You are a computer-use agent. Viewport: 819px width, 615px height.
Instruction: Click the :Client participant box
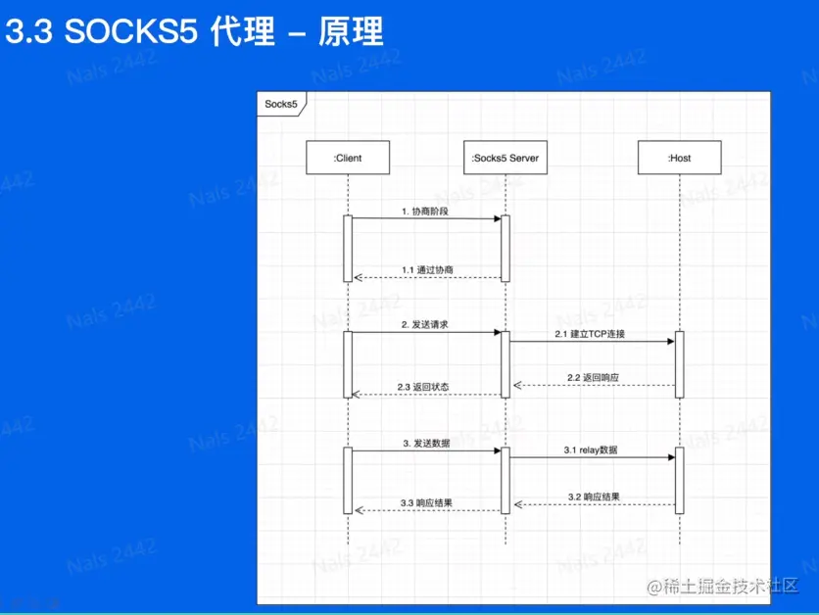click(348, 158)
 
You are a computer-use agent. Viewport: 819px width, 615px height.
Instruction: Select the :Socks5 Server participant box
click(505, 158)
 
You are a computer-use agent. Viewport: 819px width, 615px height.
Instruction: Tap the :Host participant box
click(679, 158)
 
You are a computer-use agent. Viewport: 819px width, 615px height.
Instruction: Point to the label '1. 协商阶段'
click(424, 211)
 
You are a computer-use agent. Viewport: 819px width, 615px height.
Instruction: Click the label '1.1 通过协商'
click(427, 269)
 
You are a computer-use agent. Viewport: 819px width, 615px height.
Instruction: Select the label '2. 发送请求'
click(424, 324)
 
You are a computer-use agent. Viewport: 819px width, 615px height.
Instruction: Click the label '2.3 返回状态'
click(423, 387)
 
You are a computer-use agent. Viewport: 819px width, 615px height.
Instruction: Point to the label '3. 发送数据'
click(426, 443)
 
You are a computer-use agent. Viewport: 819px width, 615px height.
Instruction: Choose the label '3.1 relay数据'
click(590, 449)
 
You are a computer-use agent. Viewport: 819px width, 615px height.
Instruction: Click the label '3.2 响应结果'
click(594, 497)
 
